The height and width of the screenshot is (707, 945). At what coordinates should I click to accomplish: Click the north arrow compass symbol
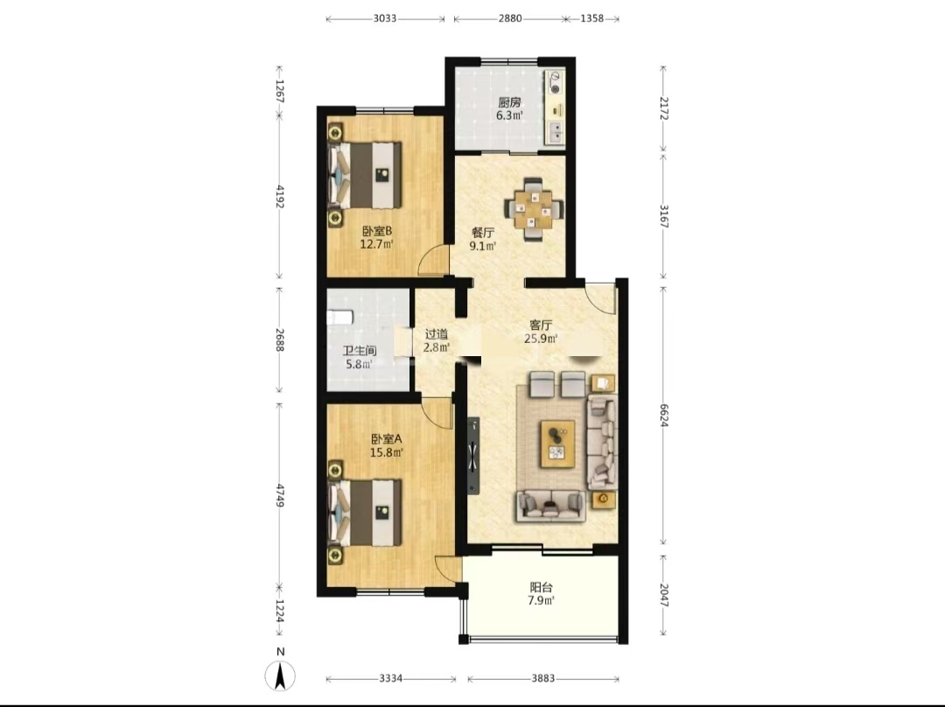(280, 675)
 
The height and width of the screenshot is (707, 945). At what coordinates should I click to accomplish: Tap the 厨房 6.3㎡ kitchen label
(509, 109)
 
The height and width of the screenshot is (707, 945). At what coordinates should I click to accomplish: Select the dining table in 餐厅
(533, 209)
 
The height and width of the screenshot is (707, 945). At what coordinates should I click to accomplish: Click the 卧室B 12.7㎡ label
(376, 237)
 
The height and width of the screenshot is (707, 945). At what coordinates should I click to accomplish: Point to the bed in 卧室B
(365, 175)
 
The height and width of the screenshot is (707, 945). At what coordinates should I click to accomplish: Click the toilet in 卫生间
(339, 317)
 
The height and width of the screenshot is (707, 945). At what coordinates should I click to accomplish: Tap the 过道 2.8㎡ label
(437, 340)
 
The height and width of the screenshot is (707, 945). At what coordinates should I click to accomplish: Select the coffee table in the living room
(557, 444)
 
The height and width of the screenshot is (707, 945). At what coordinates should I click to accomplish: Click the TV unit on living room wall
(473, 456)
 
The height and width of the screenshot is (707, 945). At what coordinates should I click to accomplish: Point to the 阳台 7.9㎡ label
(542, 593)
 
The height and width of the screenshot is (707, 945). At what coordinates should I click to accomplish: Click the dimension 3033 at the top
(384, 18)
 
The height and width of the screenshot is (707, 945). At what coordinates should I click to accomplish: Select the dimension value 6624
(663, 416)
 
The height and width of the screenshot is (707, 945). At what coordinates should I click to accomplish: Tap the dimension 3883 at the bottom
(543, 679)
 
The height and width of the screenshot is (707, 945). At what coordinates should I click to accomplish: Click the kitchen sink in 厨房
(555, 132)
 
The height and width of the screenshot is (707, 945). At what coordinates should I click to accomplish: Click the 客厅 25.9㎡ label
(541, 332)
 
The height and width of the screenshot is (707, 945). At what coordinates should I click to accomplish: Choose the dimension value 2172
(663, 108)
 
